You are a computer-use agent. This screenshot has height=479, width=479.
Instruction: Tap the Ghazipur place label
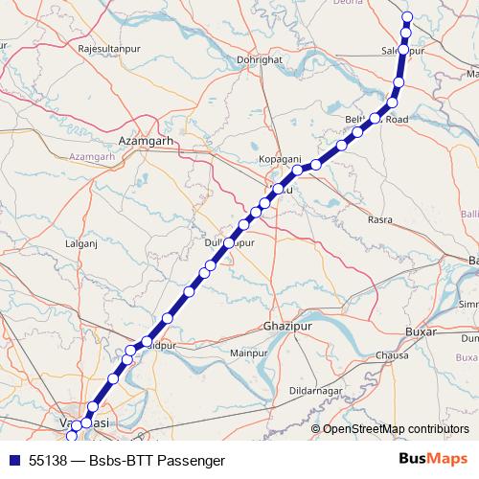(288, 327)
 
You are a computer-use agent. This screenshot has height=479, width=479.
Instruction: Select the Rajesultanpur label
(110, 46)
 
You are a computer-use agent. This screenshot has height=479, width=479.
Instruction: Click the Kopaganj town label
(281, 157)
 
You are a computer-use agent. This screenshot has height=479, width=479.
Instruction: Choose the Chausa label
(392, 354)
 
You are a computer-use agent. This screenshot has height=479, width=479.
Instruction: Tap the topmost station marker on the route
(407, 16)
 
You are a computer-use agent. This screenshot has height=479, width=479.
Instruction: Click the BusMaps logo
(434, 459)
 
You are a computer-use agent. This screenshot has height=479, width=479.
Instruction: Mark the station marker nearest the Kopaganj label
(297, 170)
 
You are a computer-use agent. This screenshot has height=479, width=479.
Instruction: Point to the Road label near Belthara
(397, 120)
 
